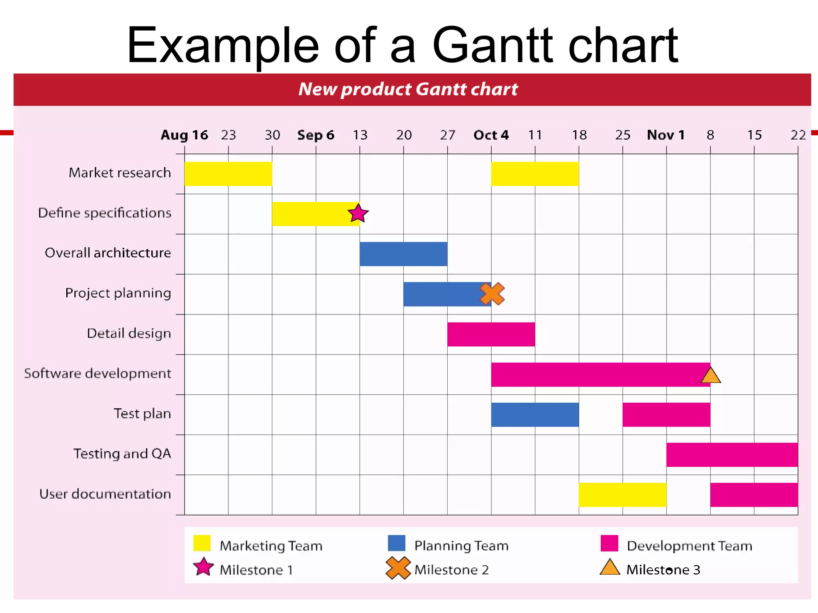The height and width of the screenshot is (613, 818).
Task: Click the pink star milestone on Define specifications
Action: coord(358,214)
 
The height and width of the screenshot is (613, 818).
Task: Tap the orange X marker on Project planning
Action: coord(492,294)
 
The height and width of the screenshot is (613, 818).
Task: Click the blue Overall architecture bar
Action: coord(403,254)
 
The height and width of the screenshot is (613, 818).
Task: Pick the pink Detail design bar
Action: coord(491,334)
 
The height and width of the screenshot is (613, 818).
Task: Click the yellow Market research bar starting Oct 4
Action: coord(535,174)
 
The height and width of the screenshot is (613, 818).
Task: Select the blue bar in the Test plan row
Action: coord(535,415)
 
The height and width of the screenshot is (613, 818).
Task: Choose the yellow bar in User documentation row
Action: coord(622,495)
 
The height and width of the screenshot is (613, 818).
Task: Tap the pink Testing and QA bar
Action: coord(732,455)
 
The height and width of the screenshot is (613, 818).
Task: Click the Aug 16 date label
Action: coord(184,135)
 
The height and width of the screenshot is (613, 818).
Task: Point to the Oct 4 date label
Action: coord(491,135)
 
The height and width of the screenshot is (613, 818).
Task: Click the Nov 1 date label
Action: coord(666,135)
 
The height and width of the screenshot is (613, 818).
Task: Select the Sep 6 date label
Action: coord(316,135)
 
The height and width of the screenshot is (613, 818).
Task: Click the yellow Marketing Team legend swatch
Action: coord(202,543)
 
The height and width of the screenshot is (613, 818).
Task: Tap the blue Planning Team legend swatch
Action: coord(396,543)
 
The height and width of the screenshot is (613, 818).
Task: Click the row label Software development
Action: coord(97,374)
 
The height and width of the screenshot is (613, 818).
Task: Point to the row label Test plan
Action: coord(142,413)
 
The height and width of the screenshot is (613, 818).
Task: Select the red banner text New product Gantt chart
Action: coord(408,89)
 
